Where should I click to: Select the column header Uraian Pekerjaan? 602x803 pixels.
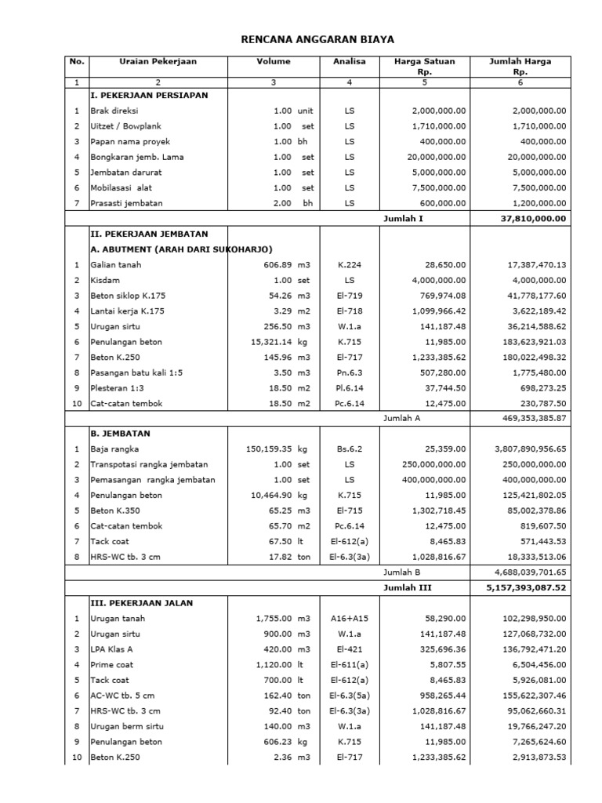pos(158,61)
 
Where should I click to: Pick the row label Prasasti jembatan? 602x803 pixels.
pos(127,203)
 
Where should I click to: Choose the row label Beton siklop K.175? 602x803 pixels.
pos(129,296)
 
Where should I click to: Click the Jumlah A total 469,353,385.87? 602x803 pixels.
pos(530,419)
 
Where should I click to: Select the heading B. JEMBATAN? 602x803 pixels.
pos(121,434)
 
